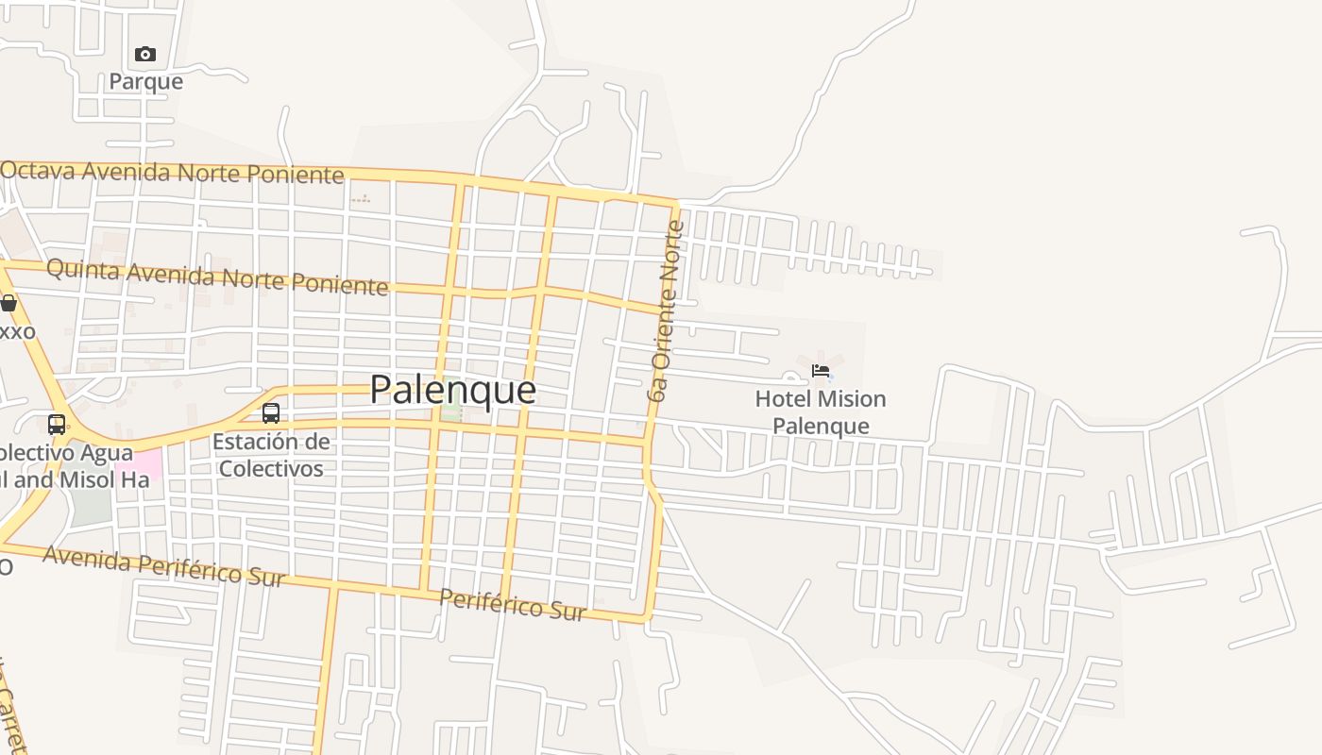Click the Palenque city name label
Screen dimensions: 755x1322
click(x=452, y=390)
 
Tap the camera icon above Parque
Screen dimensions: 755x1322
click(x=144, y=54)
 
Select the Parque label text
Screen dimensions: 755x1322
click(x=145, y=81)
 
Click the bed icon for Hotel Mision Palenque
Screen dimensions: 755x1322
click(x=821, y=370)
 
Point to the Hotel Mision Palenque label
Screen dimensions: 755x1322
click(x=821, y=412)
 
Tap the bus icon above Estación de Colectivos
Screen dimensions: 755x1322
click(x=271, y=412)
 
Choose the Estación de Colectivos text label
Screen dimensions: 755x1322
click(x=271, y=455)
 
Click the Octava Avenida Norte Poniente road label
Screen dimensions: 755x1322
click(x=172, y=173)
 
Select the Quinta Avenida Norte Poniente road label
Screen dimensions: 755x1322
click(x=217, y=277)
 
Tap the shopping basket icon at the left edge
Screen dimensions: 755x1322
click(x=8, y=303)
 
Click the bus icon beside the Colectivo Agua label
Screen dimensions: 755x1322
click(x=57, y=424)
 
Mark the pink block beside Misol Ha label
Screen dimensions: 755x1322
click(x=139, y=464)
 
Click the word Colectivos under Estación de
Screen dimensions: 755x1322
click(x=271, y=469)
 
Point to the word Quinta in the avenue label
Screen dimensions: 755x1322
click(x=83, y=271)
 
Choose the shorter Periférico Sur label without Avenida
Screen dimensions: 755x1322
click(x=513, y=605)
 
